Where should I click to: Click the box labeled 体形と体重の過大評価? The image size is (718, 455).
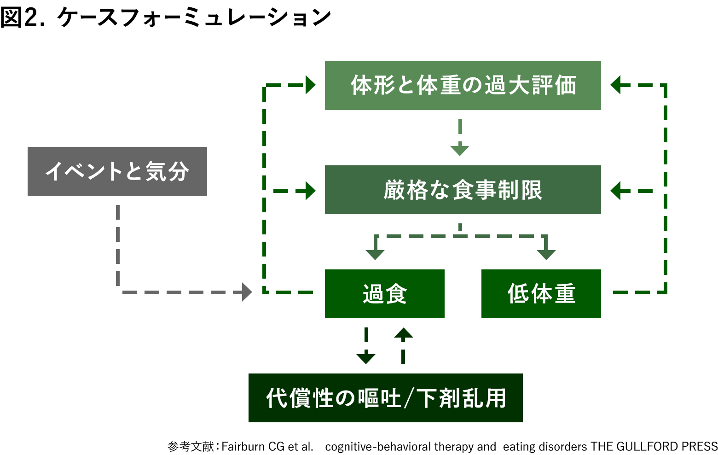tap(463, 86)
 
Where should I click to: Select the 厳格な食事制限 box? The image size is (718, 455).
tap(463, 189)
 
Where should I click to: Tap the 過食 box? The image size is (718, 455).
tap(384, 294)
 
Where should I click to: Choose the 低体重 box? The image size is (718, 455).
tap(541, 294)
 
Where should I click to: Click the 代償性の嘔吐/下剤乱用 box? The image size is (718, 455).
tap(385, 398)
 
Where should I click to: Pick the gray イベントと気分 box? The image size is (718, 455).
tap(117, 171)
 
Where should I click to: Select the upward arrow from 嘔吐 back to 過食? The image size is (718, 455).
tap(403, 345)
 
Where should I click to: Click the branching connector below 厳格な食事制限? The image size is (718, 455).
tap(460, 242)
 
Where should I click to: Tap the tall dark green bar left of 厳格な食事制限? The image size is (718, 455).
tap(287, 189)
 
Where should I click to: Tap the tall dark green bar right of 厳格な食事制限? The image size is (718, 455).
tap(640, 189)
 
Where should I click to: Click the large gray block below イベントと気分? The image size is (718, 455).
tap(182, 249)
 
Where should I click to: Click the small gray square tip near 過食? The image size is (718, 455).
tap(247, 292)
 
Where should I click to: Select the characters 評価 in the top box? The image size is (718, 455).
tap(554, 86)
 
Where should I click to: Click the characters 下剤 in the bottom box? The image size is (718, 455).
tap(435, 398)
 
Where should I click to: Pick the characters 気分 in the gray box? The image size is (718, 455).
tap(167, 171)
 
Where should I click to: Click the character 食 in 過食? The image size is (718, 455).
tap(396, 294)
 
